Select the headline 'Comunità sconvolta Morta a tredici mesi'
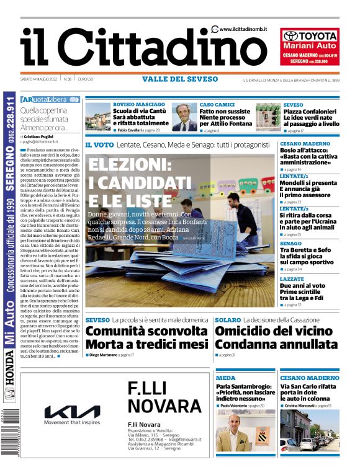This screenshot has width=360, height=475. [146, 339]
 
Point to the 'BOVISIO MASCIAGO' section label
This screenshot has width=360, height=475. [139, 105]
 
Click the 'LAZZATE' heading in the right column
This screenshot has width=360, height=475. [292, 280]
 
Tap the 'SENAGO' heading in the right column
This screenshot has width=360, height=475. [290, 244]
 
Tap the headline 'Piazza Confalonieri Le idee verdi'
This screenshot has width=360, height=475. [311, 118]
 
